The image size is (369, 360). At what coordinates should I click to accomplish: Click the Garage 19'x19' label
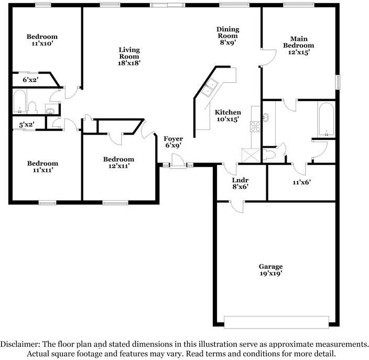tap(270, 270)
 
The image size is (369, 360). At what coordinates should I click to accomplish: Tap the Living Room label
tap(128, 56)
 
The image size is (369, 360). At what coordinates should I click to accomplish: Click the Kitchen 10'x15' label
tap(228, 116)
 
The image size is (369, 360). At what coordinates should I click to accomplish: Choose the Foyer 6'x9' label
tap(174, 142)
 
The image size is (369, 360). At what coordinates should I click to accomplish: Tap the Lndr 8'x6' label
tap(240, 183)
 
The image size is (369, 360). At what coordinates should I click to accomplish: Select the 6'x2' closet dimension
tap(30, 80)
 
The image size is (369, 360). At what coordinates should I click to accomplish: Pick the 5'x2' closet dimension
tap(26, 125)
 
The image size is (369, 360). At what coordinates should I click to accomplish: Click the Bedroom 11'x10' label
tap(42, 40)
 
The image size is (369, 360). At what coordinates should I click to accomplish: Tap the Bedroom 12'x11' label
tap(118, 162)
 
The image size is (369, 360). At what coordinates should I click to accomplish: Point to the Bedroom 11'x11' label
tap(42, 167)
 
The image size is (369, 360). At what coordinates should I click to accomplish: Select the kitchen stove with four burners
tap(256, 126)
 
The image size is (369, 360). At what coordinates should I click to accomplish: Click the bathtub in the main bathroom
tap(325, 118)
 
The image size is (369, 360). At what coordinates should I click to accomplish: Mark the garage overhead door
tap(276, 321)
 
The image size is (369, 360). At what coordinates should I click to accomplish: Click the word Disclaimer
tap(20, 344)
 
